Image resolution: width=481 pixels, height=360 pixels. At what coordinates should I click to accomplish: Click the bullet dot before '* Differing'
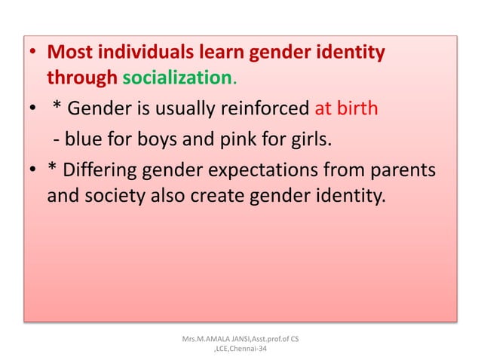click(x=32, y=172)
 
